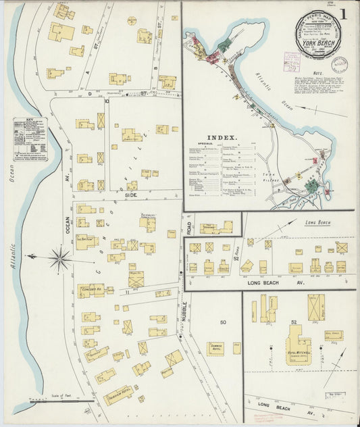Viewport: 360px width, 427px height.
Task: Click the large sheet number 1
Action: pos(343,14)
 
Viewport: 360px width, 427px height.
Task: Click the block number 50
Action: pos(222,322)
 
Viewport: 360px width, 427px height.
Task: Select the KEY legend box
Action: pos(29,139)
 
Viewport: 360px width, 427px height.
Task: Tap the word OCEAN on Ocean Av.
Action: pos(68,224)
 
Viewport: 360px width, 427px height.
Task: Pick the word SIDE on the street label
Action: pos(130,195)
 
